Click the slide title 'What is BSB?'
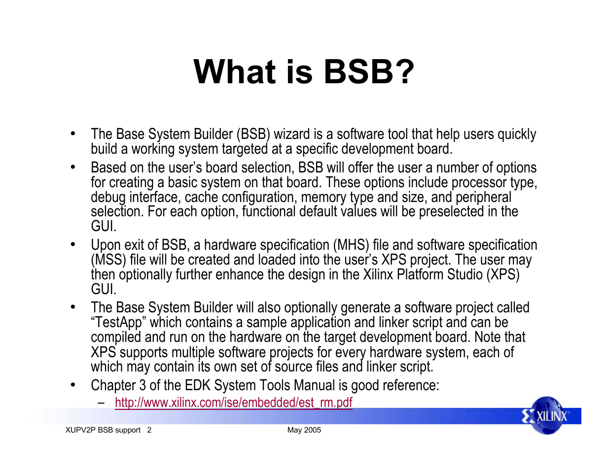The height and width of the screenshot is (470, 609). point(304,71)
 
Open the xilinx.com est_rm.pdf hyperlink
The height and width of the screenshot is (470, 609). point(233,403)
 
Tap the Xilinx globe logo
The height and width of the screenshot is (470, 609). point(546,415)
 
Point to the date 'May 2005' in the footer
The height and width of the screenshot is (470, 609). point(304,430)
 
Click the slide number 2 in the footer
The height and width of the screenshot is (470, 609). point(149,430)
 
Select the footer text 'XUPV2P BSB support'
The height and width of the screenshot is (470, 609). point(103,430)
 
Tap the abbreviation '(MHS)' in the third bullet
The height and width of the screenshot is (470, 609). point(351,245)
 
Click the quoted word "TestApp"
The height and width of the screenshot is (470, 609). point(118,323)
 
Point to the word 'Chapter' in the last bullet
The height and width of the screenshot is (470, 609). point(113,385)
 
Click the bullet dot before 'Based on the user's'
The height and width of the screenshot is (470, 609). point(73,168)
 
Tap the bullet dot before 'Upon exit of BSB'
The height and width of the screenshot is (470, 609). point(73,245)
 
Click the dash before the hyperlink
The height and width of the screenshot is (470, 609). point(101,403)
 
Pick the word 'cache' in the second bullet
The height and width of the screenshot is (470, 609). point(201,197)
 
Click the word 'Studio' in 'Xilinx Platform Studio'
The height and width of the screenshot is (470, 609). point(465,274)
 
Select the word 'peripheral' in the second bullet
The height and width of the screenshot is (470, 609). point(483,198)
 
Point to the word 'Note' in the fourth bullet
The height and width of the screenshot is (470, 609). point(486,337)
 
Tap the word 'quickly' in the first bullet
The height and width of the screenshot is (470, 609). point(517,134)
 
